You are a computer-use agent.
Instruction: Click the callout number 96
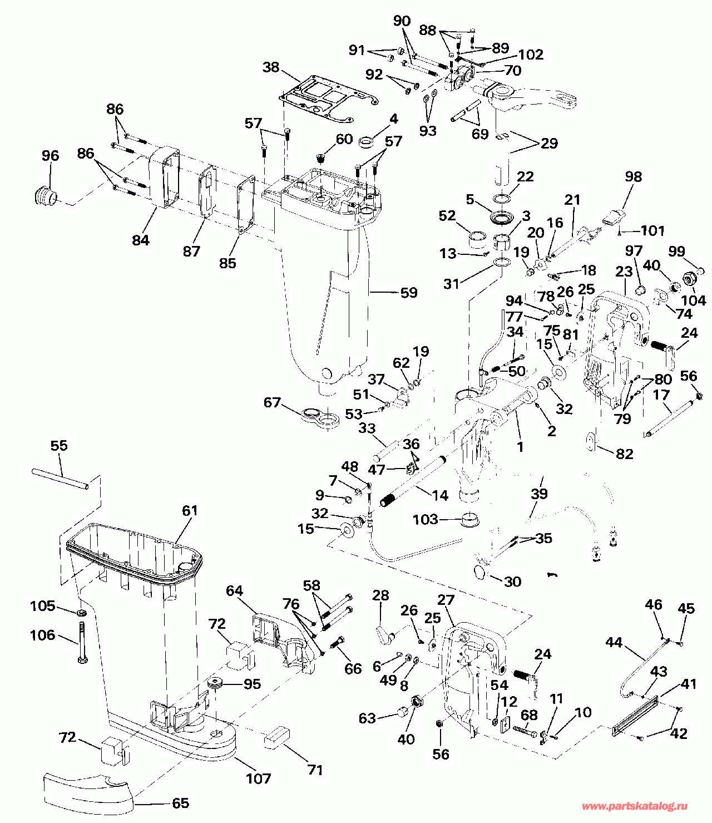[x=50, y=155]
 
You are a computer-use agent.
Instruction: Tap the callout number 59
[x=408, y=293]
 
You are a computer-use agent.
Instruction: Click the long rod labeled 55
[x=60, y=479]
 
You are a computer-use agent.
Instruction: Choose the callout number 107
[x=258, y=778]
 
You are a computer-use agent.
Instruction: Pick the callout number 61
[x=190, y=510]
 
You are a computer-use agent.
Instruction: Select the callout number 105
[x=42, y=606]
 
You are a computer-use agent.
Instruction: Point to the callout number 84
[x=141, y=240]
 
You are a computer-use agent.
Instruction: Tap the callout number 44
[x=614, y=643]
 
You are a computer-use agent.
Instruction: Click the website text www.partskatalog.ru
[x=635, y=806]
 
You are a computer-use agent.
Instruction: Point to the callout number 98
[x=633, y=177]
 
